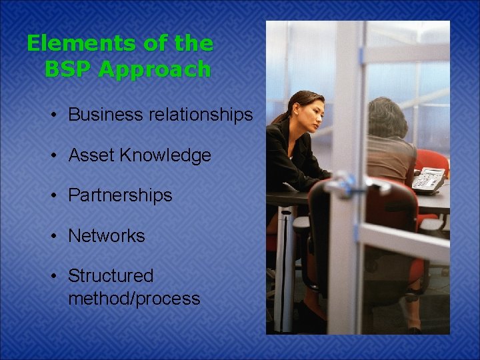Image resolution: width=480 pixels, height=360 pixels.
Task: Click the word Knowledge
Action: pos(165,155)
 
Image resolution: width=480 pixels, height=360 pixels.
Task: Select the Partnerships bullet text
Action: pos(120,195)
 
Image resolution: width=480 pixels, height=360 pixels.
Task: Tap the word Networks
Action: pos(106,235)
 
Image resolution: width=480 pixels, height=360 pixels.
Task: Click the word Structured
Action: pos(111,275)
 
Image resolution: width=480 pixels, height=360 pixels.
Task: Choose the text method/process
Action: pos(133,298)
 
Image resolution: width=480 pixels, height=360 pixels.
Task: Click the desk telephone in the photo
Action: pos(429,178)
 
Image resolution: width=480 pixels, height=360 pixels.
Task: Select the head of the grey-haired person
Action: pos(387,119)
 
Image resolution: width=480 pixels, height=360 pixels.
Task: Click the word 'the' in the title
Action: pos(193,44)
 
